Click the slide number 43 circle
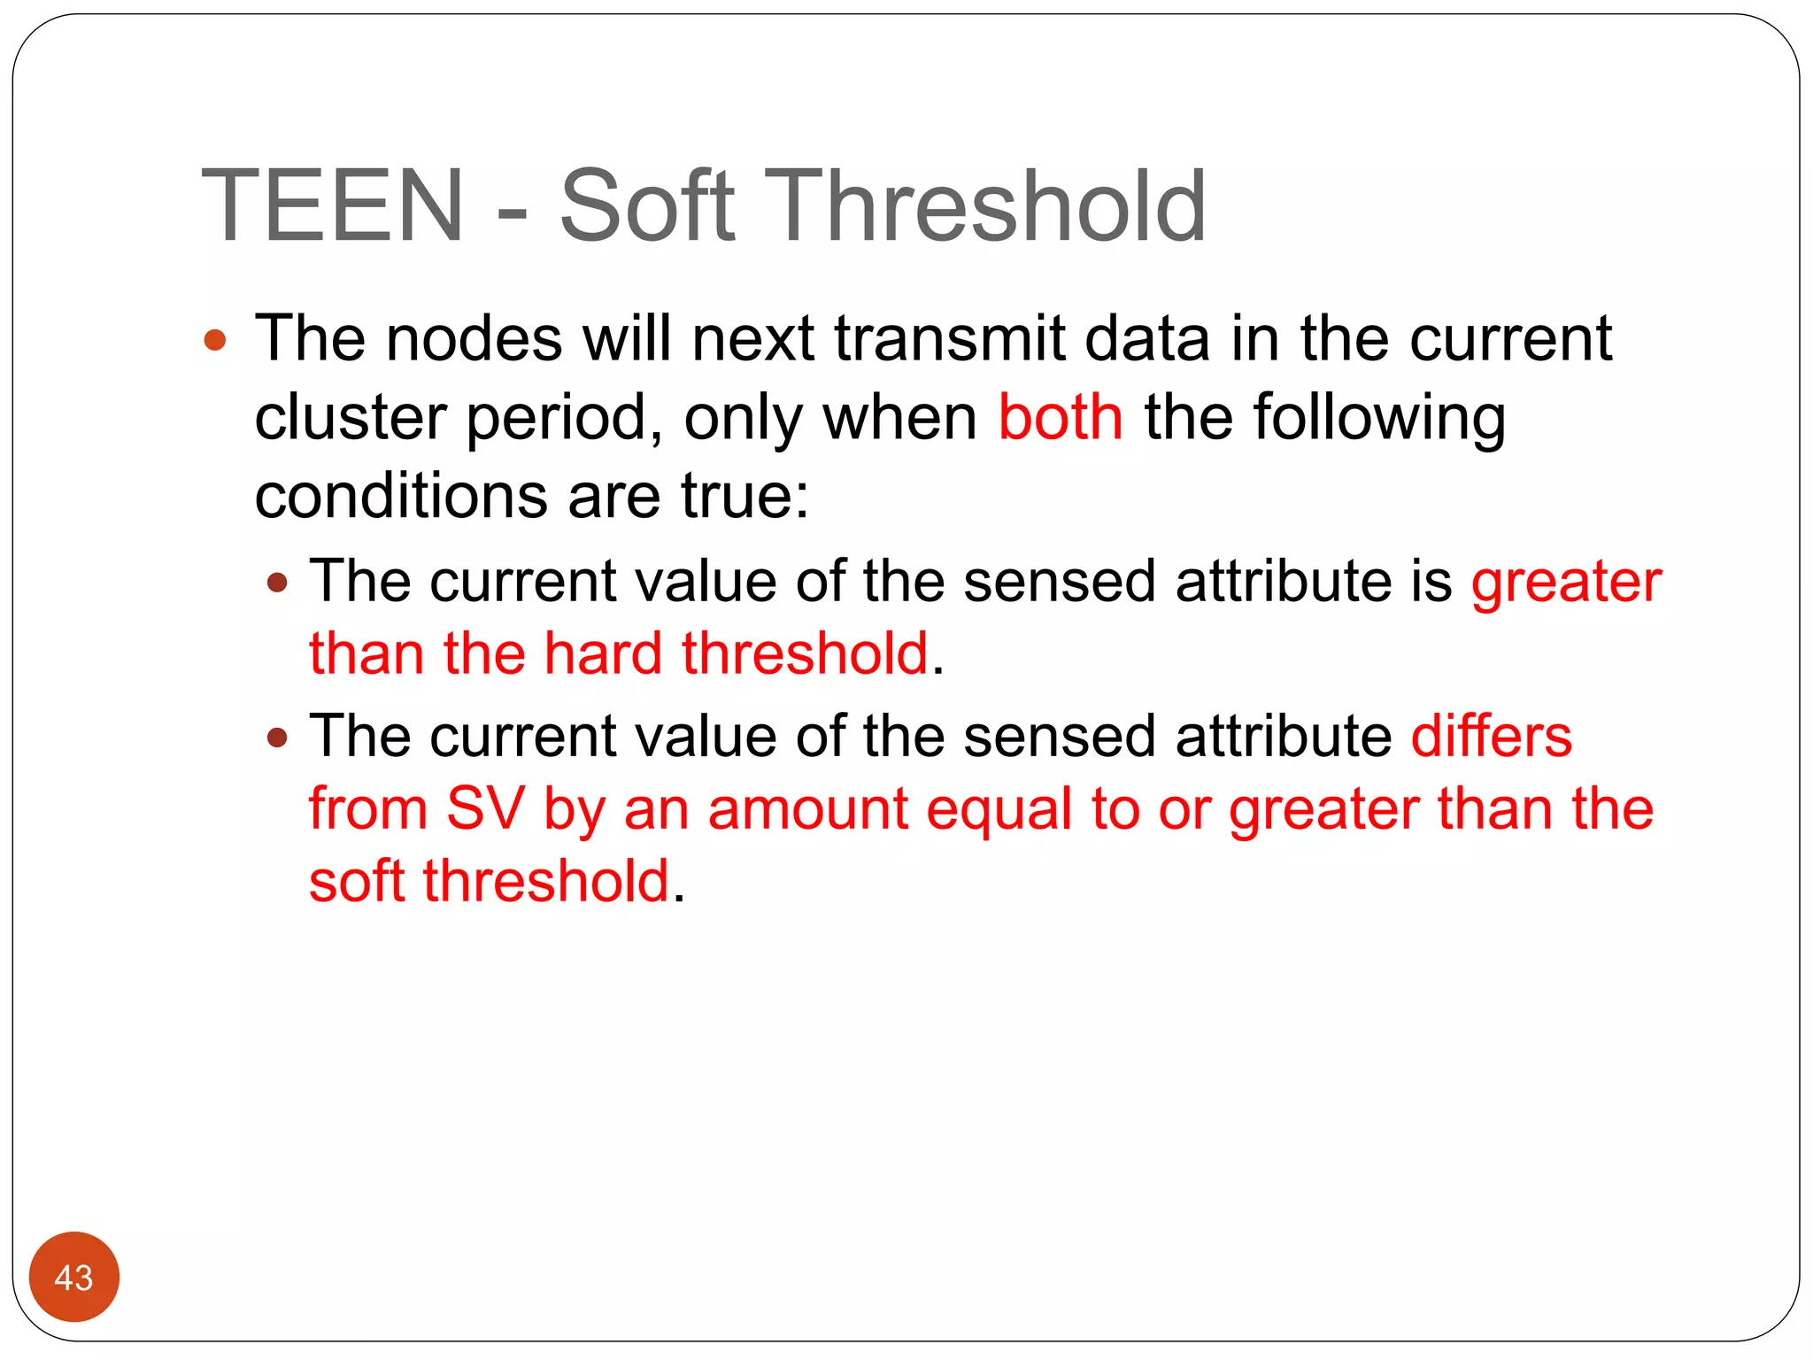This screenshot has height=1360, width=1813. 73,1277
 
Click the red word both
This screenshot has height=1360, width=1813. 1060,417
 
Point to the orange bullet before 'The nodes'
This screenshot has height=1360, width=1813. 215,340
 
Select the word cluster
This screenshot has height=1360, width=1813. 351,417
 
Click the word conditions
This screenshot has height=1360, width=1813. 400,495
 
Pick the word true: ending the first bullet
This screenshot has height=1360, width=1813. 744,495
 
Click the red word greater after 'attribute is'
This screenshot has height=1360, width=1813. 1566,583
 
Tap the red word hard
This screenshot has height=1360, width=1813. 602,653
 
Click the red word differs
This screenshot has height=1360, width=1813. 1491,736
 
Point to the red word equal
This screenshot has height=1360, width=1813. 999,809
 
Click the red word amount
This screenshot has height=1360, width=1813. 807,809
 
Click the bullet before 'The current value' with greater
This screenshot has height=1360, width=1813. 278,583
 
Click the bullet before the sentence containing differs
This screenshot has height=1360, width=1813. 278,737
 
